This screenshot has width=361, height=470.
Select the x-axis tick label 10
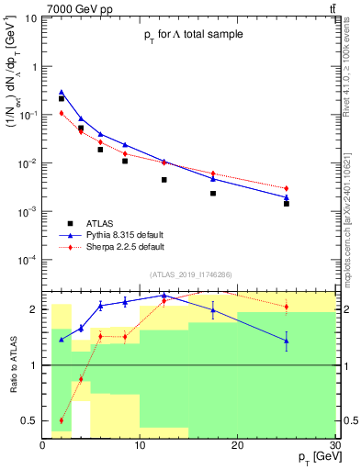pos(140,445)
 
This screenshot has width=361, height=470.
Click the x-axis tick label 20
pos(237,445)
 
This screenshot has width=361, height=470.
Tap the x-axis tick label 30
pos(333,445)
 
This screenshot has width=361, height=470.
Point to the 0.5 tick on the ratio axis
pos(29,421)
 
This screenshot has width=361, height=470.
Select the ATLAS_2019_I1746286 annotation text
pos(190,274)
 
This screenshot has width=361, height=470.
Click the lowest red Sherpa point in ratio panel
pos(62,420)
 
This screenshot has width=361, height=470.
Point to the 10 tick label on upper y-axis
pos(31,18)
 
